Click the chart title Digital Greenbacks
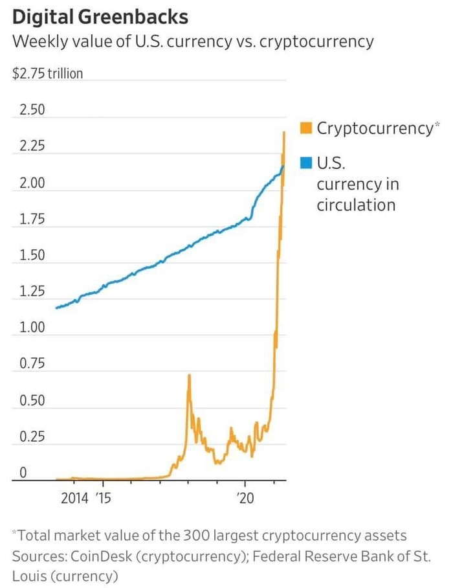pos(100,16)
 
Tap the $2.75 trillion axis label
pos(48,73)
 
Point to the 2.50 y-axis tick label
pos(32,109)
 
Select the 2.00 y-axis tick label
pos(32,183)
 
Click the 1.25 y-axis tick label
pos(32,291)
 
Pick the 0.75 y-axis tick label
pos(32,363)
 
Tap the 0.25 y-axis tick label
pos(32,436)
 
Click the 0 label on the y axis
pos(21,473)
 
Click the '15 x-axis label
pos(103,499)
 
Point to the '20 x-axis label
pos(245,499)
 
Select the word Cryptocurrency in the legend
pos(374,128)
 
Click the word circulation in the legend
pos(355,205)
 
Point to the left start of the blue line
pos(56,308)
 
